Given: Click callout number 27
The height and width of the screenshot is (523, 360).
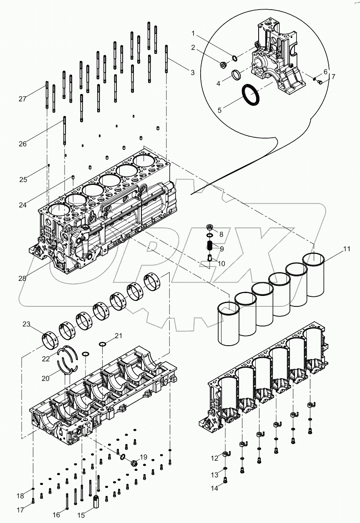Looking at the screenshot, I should point(22,99).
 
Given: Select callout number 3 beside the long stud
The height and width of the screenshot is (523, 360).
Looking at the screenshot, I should point(192,73).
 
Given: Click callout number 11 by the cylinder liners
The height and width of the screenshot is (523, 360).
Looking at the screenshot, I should point(347,250).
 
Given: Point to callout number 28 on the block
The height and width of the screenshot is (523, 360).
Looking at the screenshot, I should point(22,278).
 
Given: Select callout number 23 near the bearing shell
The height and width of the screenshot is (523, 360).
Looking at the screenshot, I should point(26,324).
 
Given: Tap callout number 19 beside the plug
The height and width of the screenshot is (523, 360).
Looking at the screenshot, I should point(143,457).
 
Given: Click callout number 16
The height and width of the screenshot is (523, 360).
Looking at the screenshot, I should point(56,515).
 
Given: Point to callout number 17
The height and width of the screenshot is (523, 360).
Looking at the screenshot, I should point(20,509).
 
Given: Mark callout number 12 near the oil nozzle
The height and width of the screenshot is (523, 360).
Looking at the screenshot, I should point(214,458).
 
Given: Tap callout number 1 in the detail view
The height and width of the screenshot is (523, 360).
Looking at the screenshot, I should point(194,33).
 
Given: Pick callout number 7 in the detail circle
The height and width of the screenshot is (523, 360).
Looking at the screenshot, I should point(333,77).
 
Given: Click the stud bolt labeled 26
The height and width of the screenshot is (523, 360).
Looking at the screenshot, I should point(64,131).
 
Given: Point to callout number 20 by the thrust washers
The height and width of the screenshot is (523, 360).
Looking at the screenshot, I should point(45,378).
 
